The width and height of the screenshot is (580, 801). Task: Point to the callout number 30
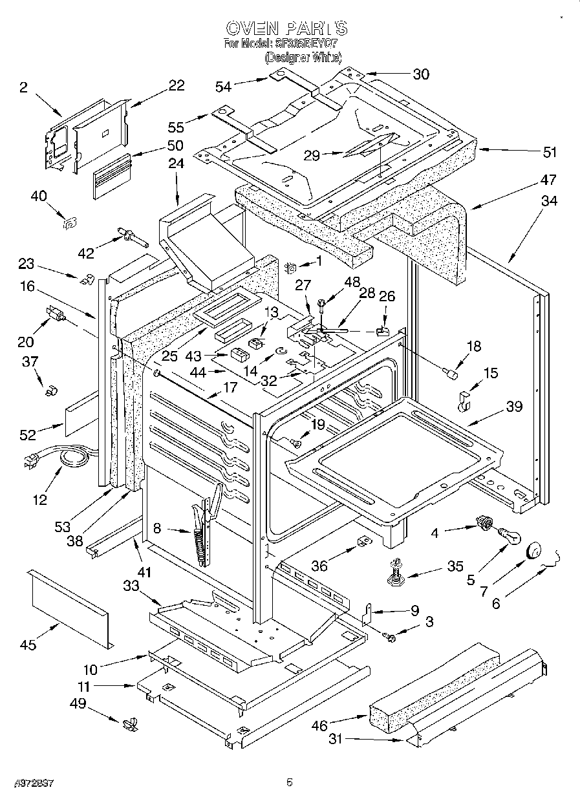coord(420,74)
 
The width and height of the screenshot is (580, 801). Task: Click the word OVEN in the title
coord(253,28)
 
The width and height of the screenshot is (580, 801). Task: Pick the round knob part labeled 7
coord(534,550)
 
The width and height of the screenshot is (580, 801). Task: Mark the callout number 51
coord(550,153)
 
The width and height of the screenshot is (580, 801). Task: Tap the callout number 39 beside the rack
coord(514,407)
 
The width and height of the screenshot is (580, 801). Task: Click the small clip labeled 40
coord(68,223)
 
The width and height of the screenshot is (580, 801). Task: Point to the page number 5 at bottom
coord(290,783)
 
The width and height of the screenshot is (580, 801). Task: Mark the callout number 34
coord(548,202)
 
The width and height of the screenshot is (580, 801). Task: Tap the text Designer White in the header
coord(303,58)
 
